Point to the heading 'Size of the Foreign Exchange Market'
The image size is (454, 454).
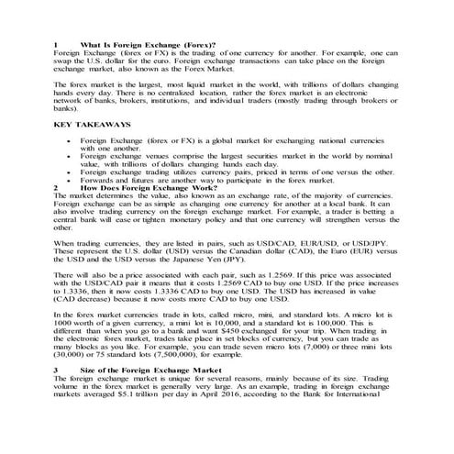tap(149, 369)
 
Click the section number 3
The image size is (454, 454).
tap(56, 369)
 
